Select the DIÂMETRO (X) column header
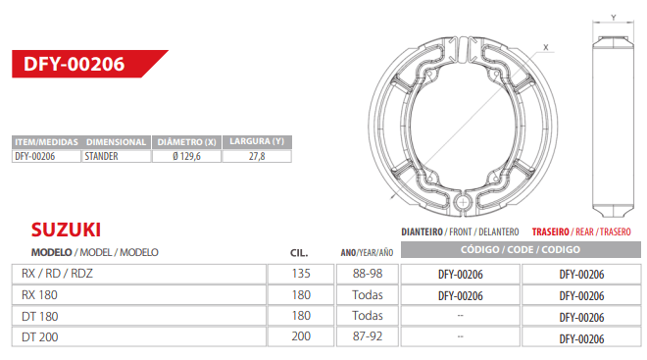coord(187,142)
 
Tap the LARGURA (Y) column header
coord(257,141)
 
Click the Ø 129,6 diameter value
coord(187,156)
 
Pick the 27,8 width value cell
coord(257,156)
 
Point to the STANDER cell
coord(116,156)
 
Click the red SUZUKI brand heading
coord(66,230)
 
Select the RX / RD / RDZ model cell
coord(139,274)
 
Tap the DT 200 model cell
coord(139,336)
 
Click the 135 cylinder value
coord(301,274)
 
